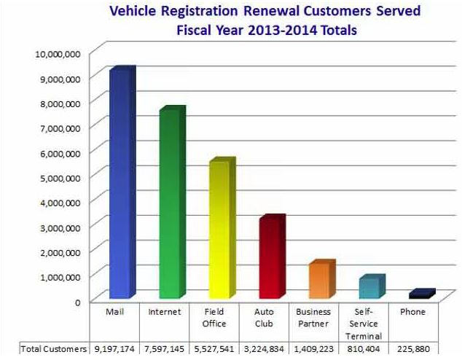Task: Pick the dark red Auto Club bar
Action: pos(269,258)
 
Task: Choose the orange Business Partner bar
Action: pos(318,281)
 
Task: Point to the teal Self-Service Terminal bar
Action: pos(368,288)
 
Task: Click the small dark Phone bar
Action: pos(419,294)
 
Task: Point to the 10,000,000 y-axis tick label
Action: pos(60,53)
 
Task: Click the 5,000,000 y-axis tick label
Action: pos(63,177)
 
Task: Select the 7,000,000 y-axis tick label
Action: pos(63,128)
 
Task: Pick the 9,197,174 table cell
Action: pos(114,349)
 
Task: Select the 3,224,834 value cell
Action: pos(265,349)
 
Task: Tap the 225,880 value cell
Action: pos(413,349)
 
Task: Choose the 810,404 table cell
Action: pos(365,349)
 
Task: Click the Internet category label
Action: pos(165,312)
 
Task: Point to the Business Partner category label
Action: pos(314,318)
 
